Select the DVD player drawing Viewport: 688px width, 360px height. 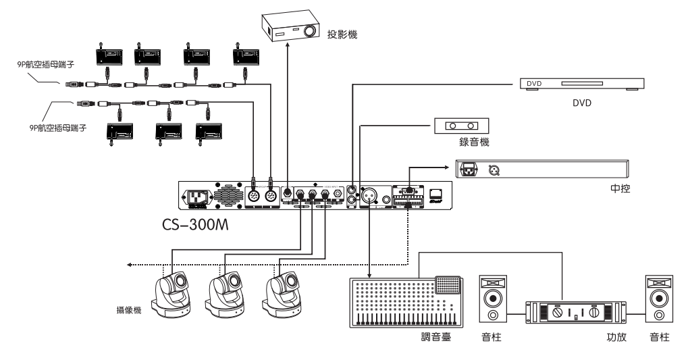pyautogui.click(x=581, y=84)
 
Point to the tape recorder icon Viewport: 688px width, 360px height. pyautogui.click(x=461, y=126)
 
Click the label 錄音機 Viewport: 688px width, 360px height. pyautogui.click(x=461, y=143)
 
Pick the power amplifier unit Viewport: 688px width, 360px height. pyautogui.click(x=571, y=312)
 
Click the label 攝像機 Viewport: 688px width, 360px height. pyautogui.click(x=128, y=311)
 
